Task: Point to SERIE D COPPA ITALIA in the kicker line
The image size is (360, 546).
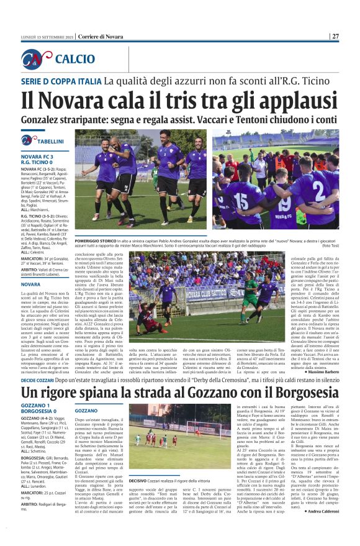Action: point(60,80)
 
